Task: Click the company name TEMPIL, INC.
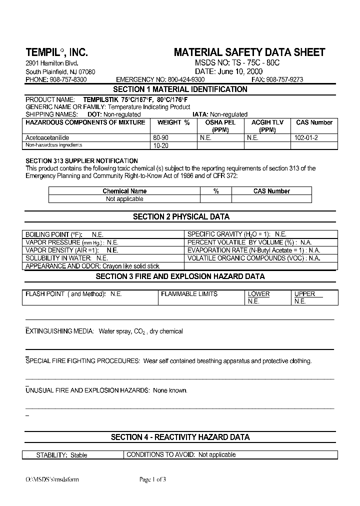(56, 52)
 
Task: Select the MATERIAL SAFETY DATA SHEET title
(249, 52)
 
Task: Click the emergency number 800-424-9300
(186, 79)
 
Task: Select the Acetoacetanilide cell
(47, 137)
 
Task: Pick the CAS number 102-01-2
(306, 137)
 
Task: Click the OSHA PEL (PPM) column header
(220, 126)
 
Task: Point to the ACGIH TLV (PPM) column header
(267, 126)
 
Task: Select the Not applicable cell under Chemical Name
(124, 199)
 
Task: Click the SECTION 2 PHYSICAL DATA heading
(181, 217)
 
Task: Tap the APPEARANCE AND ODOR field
(92, 266)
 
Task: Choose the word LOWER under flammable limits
(258, 294)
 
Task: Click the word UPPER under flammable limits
(304, 294)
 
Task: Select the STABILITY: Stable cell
(61, 455)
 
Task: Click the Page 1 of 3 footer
(152, 479)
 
